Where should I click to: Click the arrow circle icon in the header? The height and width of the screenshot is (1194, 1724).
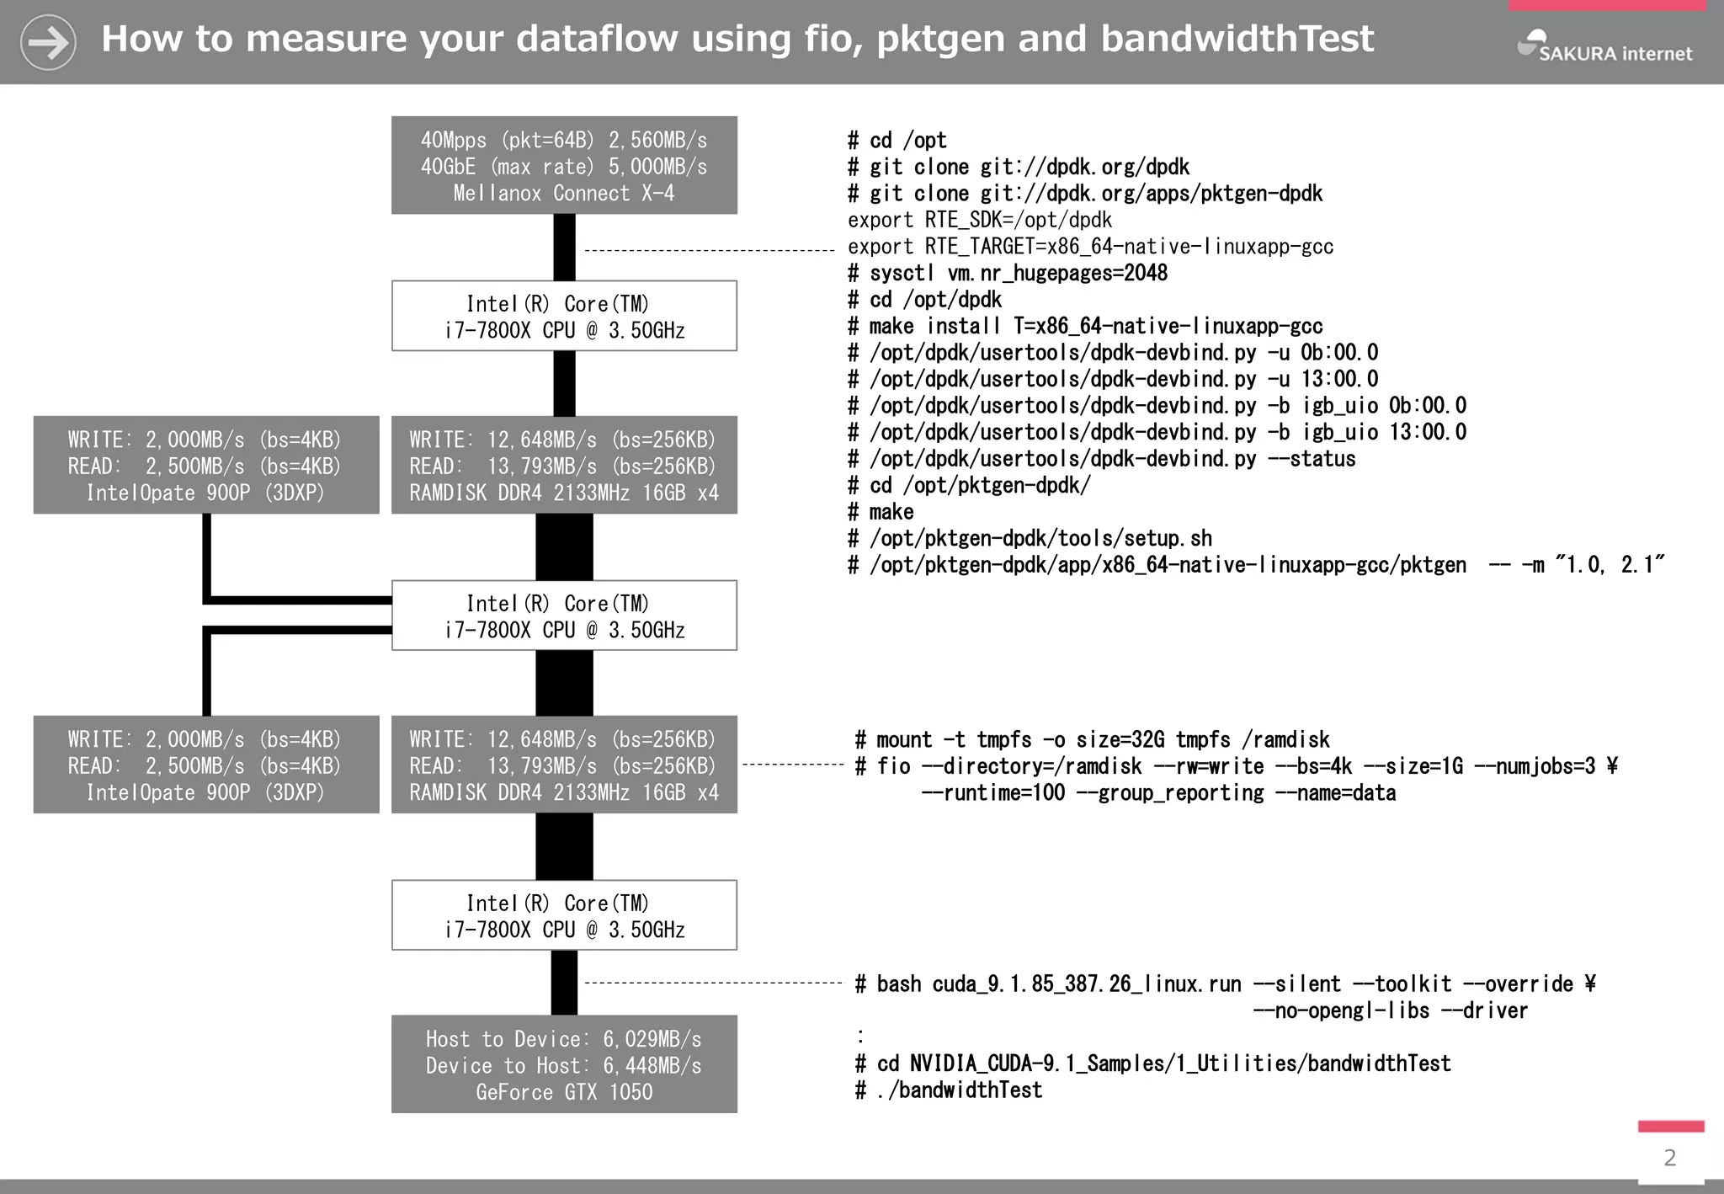48,42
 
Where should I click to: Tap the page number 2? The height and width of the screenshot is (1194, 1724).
1670,1158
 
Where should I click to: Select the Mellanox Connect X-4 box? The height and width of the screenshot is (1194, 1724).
564,165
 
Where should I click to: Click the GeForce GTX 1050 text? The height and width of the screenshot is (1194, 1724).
564,1092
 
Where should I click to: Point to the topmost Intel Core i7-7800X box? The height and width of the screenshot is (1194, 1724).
564,316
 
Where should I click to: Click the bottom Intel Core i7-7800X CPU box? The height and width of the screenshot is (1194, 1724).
564,915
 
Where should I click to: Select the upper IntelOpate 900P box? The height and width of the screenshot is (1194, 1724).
206,465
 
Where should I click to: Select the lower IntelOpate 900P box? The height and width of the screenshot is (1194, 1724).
206,765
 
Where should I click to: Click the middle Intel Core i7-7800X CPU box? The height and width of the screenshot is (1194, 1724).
564,616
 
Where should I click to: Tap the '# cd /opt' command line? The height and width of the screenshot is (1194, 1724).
897,140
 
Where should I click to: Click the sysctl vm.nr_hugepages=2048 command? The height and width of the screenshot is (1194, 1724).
1008,273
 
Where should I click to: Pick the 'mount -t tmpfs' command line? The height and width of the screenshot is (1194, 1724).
1092,739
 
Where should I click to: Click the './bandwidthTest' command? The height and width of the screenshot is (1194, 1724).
949,1090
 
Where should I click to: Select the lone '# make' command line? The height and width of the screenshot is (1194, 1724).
881,512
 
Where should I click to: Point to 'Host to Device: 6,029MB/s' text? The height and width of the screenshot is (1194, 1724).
564,1039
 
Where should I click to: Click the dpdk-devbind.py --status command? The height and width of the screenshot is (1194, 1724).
1102,459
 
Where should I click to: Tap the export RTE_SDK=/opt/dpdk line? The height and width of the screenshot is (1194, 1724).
980,220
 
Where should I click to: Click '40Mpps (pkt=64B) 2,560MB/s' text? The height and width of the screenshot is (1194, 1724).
564,140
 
